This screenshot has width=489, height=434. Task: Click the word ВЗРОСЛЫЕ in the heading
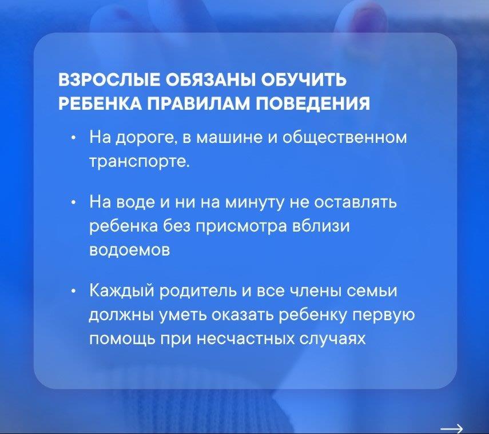click(x=109, y=80)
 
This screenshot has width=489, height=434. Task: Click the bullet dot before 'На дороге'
click(x=73, y=138)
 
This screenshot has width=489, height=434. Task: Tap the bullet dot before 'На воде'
click(x=73, y=202)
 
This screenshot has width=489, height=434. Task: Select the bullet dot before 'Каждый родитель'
click(x=73, y=292)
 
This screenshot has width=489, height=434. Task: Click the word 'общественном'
click(x=345, y=138)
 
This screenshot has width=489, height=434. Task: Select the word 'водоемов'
click(x=130, y=250)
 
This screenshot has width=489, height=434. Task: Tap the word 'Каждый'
click(x=122, y=291)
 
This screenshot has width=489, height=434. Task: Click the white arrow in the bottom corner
click(x=451, y=428)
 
